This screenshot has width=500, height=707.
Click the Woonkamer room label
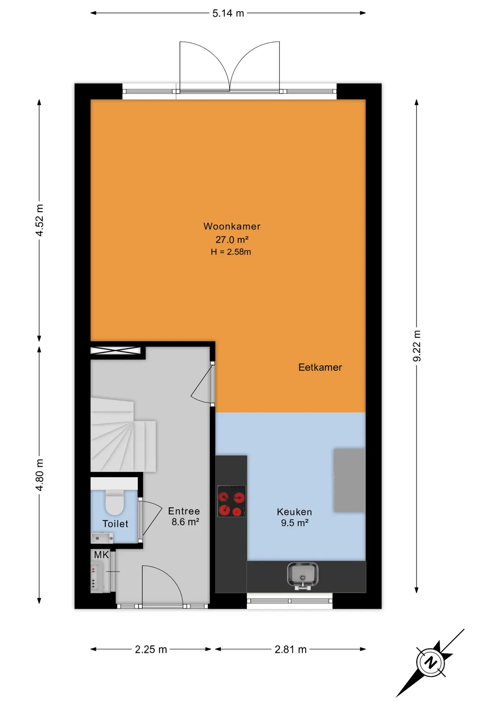point(232,226)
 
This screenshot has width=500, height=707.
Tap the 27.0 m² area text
point(232,240)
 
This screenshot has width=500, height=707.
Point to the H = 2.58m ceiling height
point(231,252)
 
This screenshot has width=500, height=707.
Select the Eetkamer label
point(320,367)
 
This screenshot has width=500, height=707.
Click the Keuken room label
point(294,512)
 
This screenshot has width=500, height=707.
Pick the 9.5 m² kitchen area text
point(295,523)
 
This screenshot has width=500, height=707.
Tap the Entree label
point(184,511)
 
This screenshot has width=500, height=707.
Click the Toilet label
point(115,524)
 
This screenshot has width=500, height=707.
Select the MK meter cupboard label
point(101,555)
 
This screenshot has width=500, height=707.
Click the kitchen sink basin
point(303,575)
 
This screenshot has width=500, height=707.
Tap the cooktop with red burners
point(232,501)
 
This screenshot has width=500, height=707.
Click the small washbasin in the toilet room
point(102,538)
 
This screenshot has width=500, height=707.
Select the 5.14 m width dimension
point(228,13)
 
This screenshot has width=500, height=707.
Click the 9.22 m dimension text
point(417,346)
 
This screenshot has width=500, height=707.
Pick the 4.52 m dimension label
point(39,220)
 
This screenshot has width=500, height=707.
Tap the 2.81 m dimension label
point(291,650)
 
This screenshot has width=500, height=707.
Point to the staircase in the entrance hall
point(123,435)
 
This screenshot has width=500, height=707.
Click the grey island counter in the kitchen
point(349,480)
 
